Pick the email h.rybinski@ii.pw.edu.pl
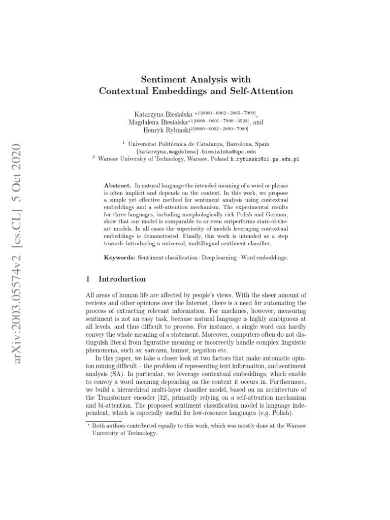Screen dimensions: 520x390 265,158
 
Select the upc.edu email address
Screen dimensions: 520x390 196,151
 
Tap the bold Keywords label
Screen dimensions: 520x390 119,258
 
